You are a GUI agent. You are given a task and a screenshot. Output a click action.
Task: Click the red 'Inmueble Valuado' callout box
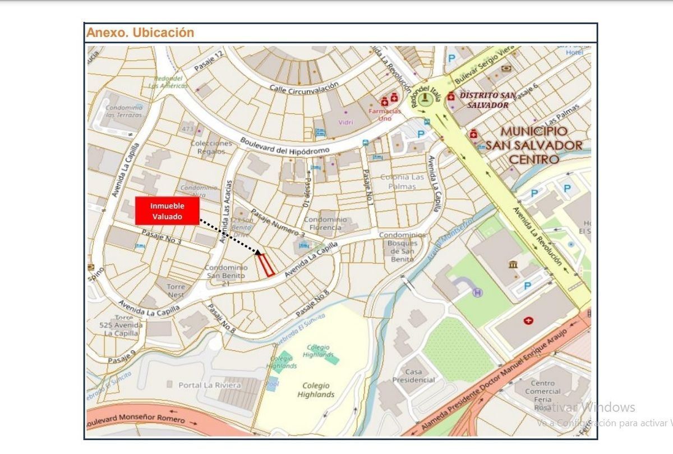coord(167,211)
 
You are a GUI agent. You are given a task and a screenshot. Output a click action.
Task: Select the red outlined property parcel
coord(265,265)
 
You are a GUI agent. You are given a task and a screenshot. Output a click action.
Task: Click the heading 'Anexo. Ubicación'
coord(140,33)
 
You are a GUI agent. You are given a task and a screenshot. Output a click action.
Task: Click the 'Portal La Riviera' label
coord(209,386)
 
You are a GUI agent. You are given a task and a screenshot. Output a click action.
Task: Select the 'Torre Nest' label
coord(176,291)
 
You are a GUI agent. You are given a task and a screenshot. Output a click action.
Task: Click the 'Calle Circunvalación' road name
coord(304,88)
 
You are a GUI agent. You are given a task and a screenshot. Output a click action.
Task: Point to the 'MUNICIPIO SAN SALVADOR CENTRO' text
coord(533,145)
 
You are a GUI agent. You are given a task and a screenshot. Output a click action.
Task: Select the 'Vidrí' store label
coord(346,122)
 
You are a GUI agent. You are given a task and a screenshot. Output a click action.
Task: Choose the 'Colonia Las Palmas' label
coord(403,181)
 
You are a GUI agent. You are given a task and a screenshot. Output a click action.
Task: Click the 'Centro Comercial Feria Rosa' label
coord(542,395)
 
